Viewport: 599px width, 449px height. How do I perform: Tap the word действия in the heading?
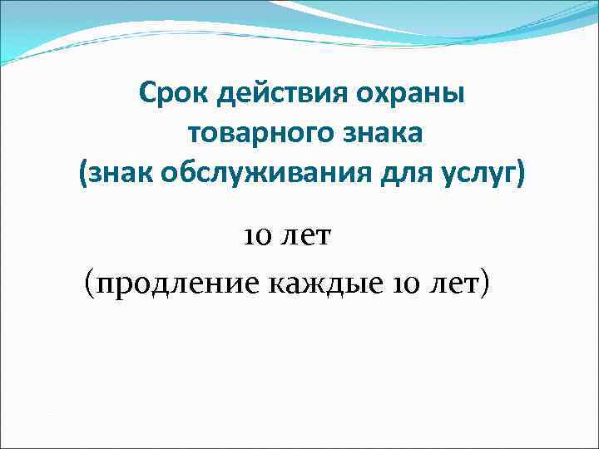272,92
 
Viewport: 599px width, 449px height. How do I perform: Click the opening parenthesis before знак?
83,175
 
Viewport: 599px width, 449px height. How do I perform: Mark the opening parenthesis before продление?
90,284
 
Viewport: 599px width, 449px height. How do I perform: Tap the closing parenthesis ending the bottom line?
485,284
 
